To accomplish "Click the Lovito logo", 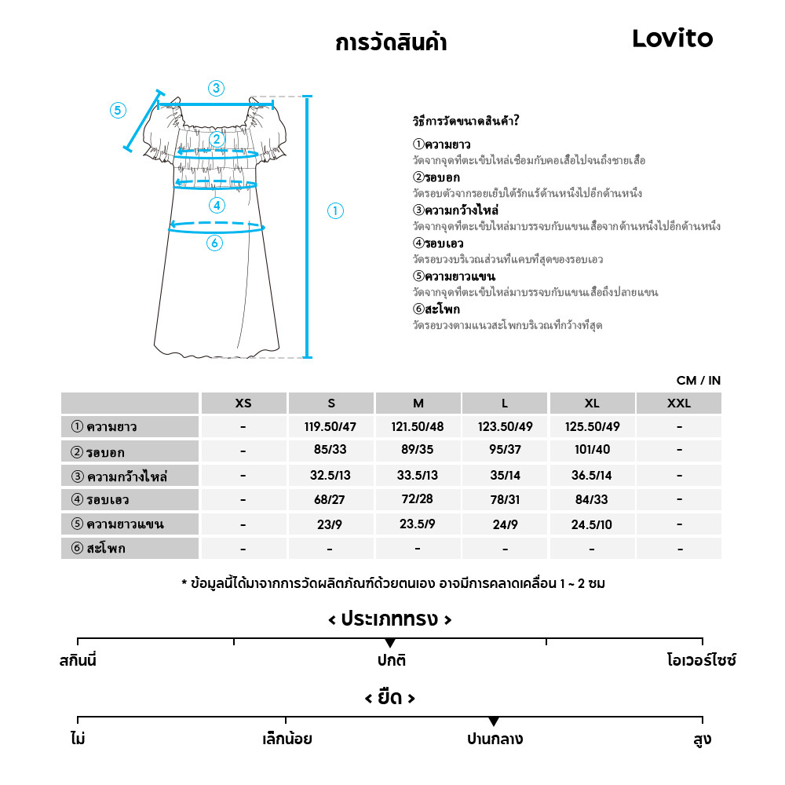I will (x=673, y=39).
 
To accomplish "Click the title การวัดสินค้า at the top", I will (x=391, y=42).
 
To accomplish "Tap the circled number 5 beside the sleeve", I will (x=118, y=110).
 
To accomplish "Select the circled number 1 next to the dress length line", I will (x=335, y=210).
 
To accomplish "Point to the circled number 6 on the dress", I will (x=214, y=243).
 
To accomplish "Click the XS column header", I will (x=243, y=403).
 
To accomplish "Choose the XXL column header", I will (x=679, y=403).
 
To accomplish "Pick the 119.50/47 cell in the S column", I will (x=330, y=427).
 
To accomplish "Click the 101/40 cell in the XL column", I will (x=592, y=451).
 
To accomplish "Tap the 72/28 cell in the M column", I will (x=418, y=500).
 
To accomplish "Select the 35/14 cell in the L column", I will (x=505, y=476).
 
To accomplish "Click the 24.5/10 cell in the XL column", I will (x=592, y=524).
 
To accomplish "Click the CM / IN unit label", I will (x=699, y=381).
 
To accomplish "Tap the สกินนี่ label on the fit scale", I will (x=78, y=660).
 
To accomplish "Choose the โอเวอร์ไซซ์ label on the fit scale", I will (x=701, y=660).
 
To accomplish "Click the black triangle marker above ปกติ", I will (x=390, y=644).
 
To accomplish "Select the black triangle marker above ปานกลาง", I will (x=494, y=721).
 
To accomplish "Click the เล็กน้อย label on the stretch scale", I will (x=287, y=739).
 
